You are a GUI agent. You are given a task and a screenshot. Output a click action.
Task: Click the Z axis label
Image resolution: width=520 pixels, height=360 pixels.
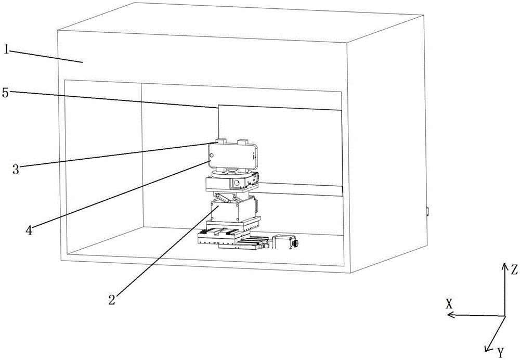(514, 270)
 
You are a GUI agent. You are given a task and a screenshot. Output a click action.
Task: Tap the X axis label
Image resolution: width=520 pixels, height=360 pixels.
(450, 304)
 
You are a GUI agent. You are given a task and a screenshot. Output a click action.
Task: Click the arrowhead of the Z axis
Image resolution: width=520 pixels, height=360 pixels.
(504, 265)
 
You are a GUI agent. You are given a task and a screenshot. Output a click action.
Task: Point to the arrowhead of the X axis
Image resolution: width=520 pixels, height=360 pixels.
(451, 315)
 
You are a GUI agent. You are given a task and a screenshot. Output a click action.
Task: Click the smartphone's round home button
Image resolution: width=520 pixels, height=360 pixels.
(212, 155)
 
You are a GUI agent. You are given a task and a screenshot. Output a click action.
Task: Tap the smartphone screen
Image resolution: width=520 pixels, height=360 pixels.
(232, 155)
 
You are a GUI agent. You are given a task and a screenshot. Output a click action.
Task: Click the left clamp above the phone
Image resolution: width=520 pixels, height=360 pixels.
(221, 142)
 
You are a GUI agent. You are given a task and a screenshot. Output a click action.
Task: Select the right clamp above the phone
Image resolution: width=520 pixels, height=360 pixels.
(243, 142)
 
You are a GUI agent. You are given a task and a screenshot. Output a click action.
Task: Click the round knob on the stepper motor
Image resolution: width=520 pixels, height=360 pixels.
(295, 243)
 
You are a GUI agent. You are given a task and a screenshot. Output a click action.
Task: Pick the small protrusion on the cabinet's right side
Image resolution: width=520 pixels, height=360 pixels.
(427, 212)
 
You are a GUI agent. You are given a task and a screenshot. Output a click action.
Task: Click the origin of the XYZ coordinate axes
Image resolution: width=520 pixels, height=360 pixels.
(504, 316)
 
